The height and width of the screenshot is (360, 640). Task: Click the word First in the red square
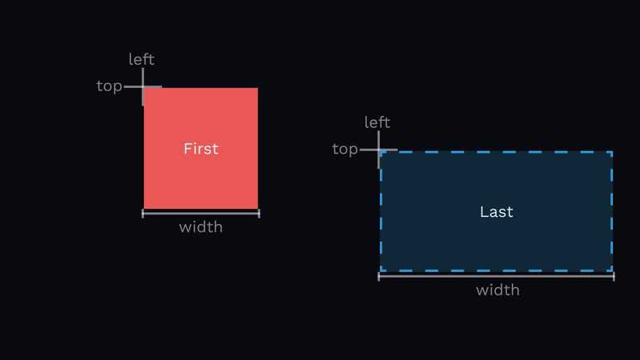[201, 149]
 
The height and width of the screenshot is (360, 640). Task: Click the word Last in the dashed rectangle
[496, 212]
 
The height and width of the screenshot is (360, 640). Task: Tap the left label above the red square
[142, 60]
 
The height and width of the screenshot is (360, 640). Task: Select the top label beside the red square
[109, 86]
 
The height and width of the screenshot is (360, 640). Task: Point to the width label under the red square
[201, 227]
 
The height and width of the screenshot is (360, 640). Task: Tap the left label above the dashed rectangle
[377, 122]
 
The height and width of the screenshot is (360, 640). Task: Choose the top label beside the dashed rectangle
[345, 149]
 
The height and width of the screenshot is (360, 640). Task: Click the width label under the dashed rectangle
[498, 290]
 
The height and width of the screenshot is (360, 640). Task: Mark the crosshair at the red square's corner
[143, 86]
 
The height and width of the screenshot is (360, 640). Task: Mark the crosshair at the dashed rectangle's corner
[378, 150]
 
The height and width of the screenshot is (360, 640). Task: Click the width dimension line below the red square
[201, 214]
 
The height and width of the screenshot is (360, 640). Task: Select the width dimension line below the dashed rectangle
[496, 276]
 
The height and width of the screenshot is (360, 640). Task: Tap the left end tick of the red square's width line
[143, 214]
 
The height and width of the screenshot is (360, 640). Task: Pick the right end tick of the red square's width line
[258, 214]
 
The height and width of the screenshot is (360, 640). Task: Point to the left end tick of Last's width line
[379, 276]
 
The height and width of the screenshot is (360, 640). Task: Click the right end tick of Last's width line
[614, 276]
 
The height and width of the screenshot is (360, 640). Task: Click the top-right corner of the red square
[258, 88]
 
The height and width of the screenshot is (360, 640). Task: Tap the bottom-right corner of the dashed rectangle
[612, 271]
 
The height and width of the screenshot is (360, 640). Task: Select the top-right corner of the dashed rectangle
[612, 152]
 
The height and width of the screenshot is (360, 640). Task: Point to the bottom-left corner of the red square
[144, 208]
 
